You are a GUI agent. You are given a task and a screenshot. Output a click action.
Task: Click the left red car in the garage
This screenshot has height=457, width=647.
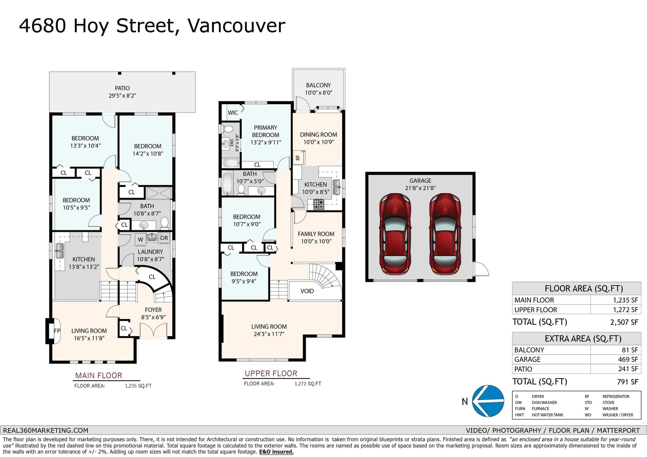click(395, 234)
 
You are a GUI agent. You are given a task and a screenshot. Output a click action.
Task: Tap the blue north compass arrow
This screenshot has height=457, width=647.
click(488, 401)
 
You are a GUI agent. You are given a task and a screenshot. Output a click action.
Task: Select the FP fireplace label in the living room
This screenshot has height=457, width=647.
click(57, 331)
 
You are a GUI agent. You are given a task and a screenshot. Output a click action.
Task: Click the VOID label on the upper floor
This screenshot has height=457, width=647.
click(307, 291)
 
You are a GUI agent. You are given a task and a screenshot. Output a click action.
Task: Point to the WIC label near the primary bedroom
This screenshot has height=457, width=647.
click(233, 113)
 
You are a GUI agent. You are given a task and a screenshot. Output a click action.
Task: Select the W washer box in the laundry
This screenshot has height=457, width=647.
click(141, 239)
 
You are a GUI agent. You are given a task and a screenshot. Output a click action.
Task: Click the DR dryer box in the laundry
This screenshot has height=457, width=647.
click(164, 238)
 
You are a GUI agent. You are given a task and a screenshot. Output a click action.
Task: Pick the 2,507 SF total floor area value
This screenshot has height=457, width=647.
click(624, 322)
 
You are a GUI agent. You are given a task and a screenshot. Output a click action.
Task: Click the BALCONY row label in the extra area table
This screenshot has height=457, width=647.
click(529, 350)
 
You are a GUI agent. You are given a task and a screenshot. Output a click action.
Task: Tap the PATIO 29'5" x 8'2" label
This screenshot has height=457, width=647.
click(122, 92)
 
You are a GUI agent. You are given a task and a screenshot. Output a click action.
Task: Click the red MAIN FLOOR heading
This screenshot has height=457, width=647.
click(99, 375)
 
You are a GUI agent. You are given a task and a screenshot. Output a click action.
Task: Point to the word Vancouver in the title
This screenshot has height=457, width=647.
click(236, 26)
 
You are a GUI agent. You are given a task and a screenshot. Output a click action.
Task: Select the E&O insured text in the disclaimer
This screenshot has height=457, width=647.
click(276, 452)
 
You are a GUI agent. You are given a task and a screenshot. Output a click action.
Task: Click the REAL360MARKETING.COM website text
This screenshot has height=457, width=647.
click(46, 430)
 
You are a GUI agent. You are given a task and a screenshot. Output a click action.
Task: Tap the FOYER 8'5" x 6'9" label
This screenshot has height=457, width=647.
click(153, 314)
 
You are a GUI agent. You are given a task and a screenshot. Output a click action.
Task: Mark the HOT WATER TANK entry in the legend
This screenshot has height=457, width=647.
click(548, 415)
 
